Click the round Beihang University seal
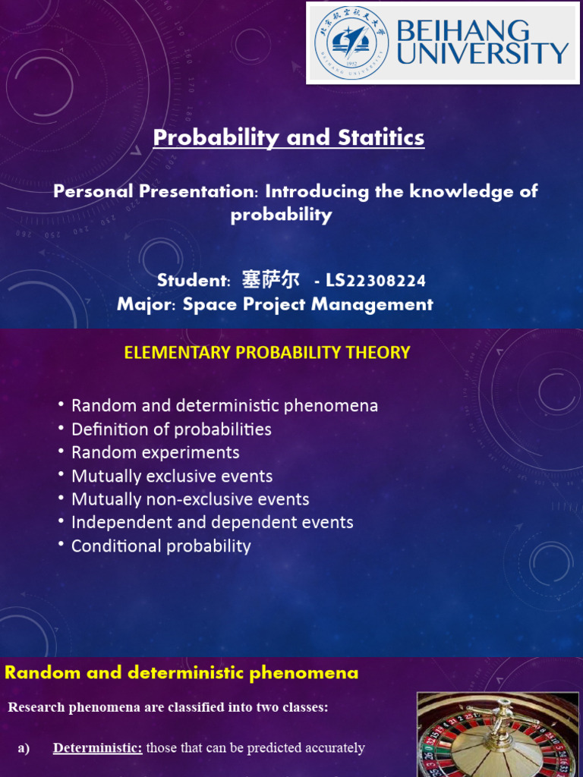click(x=350, y=42)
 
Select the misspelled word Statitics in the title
click(x=380, y=137)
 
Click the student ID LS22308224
click(x=375, y=281)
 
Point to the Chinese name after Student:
click(x=270, y=280)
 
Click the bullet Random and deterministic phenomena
click(x=224, y=406)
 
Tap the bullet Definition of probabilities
click(x=171, y=429)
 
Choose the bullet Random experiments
click(x=155, y=453)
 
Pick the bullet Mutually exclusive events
click(x=172, y=477)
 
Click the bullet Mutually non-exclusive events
click(x=190, y=500)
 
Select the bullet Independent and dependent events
click(x=212, y=523)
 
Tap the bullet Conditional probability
click(x=161, y=546)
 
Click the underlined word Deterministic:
click(x=97, y=748)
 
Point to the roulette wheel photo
click(x=498, y=735)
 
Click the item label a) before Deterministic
click(x=24, y=748)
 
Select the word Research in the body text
click(x=36, y=708)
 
